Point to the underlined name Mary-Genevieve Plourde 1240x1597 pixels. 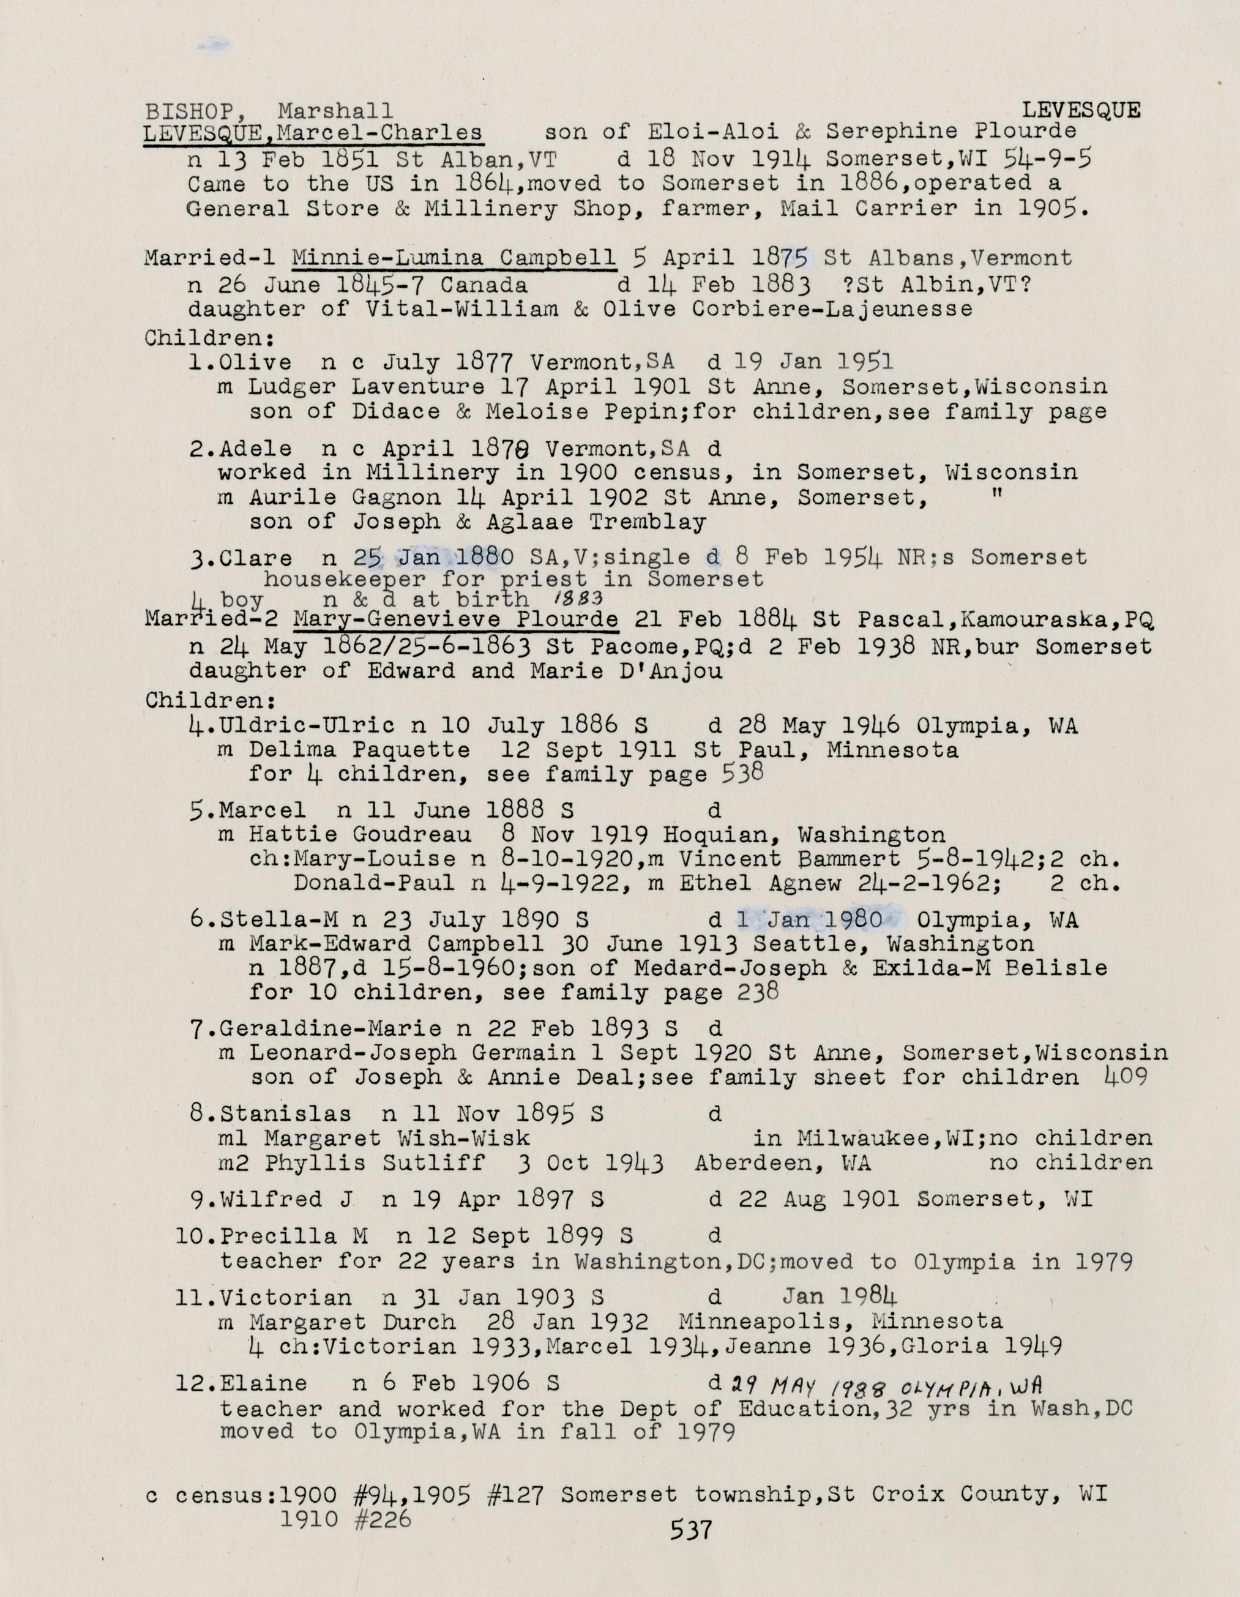(455, 619)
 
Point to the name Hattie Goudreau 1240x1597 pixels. (360, 834)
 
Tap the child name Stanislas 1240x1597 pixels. (285, 1113)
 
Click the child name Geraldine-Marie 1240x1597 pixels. (330, 1029)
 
